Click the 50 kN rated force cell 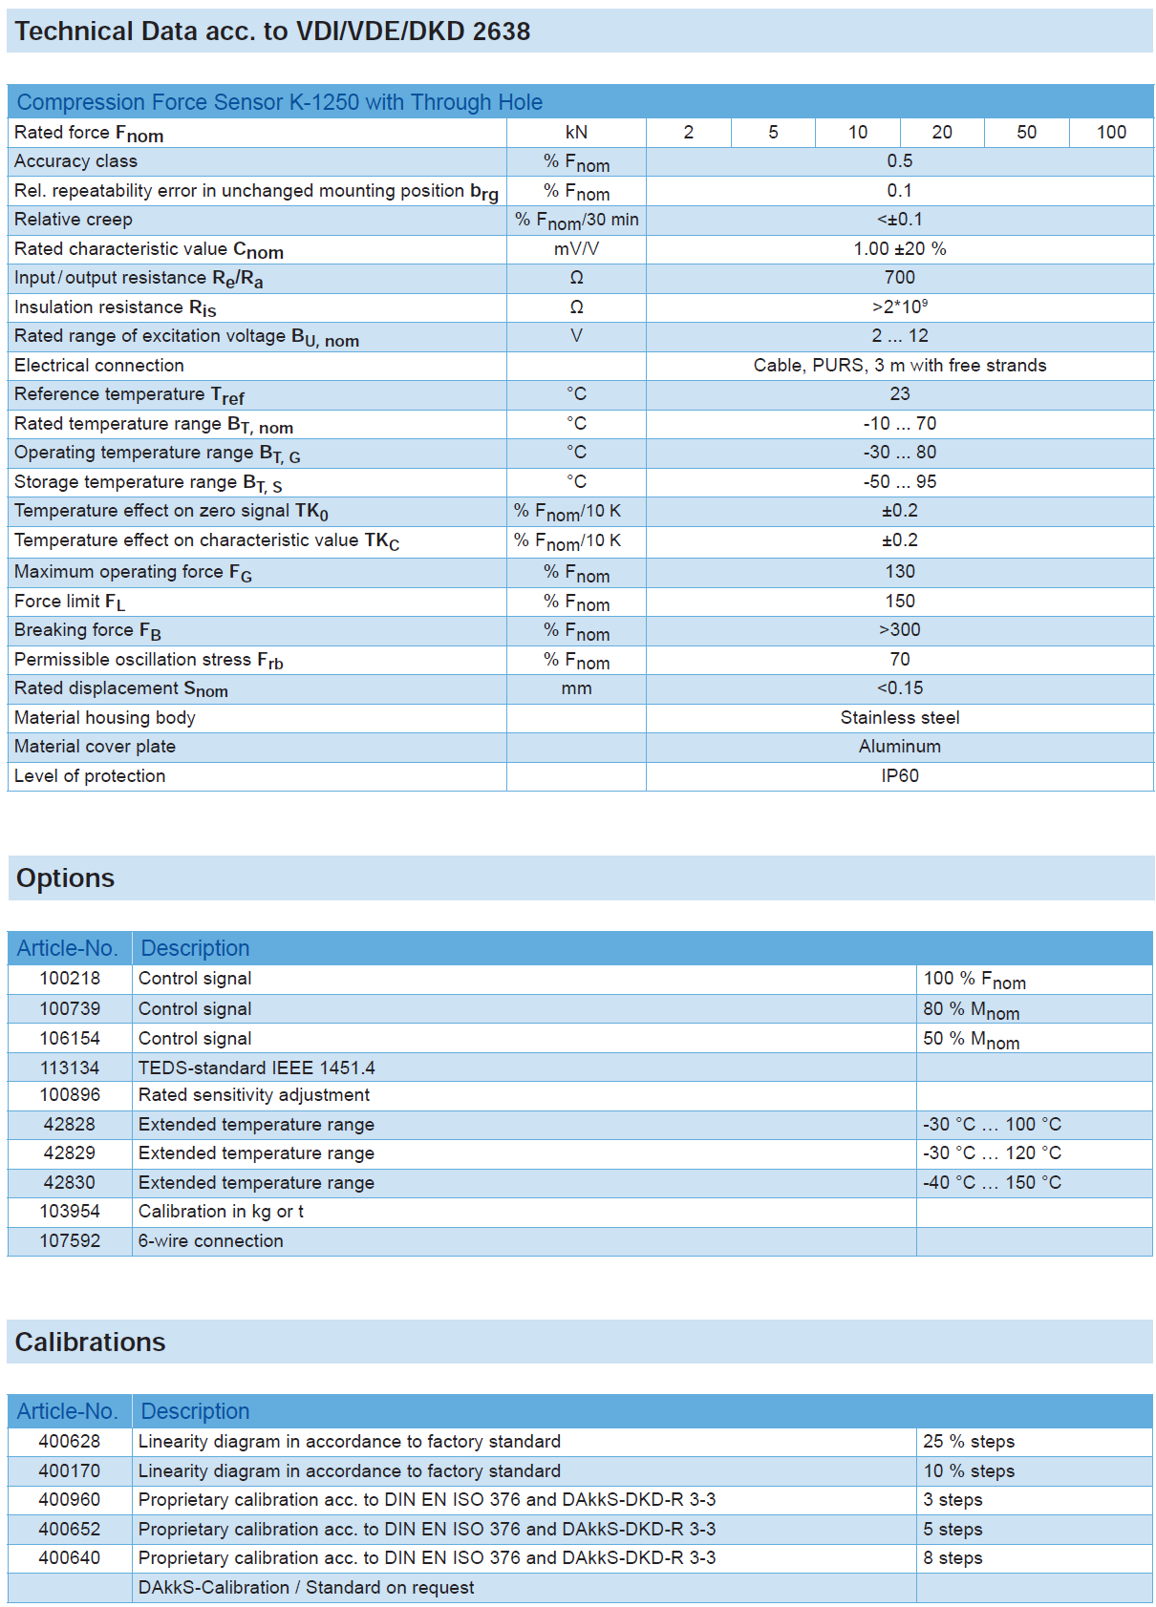coord(1026,133)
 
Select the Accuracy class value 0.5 coord(899,161)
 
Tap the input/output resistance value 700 coord(899,278)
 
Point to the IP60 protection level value coord(899,776)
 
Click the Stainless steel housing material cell coord(899,718)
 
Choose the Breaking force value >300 coord(899,630)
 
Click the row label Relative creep coord(74,220)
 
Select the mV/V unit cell coord(576,249)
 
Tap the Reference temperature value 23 coord(899,394)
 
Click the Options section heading coord(65,878)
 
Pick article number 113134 coord(70,1068)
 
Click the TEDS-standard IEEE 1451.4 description coord(256,1068)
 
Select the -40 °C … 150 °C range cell coord(992,1183)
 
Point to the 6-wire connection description coord(210,1241)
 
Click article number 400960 coord(70,1500)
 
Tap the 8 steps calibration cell coord(953,1558)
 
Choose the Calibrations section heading coord(90,1343)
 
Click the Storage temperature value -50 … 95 coord(899,482)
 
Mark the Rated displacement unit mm coord(576,688)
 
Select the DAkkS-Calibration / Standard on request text coord(306,1588)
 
